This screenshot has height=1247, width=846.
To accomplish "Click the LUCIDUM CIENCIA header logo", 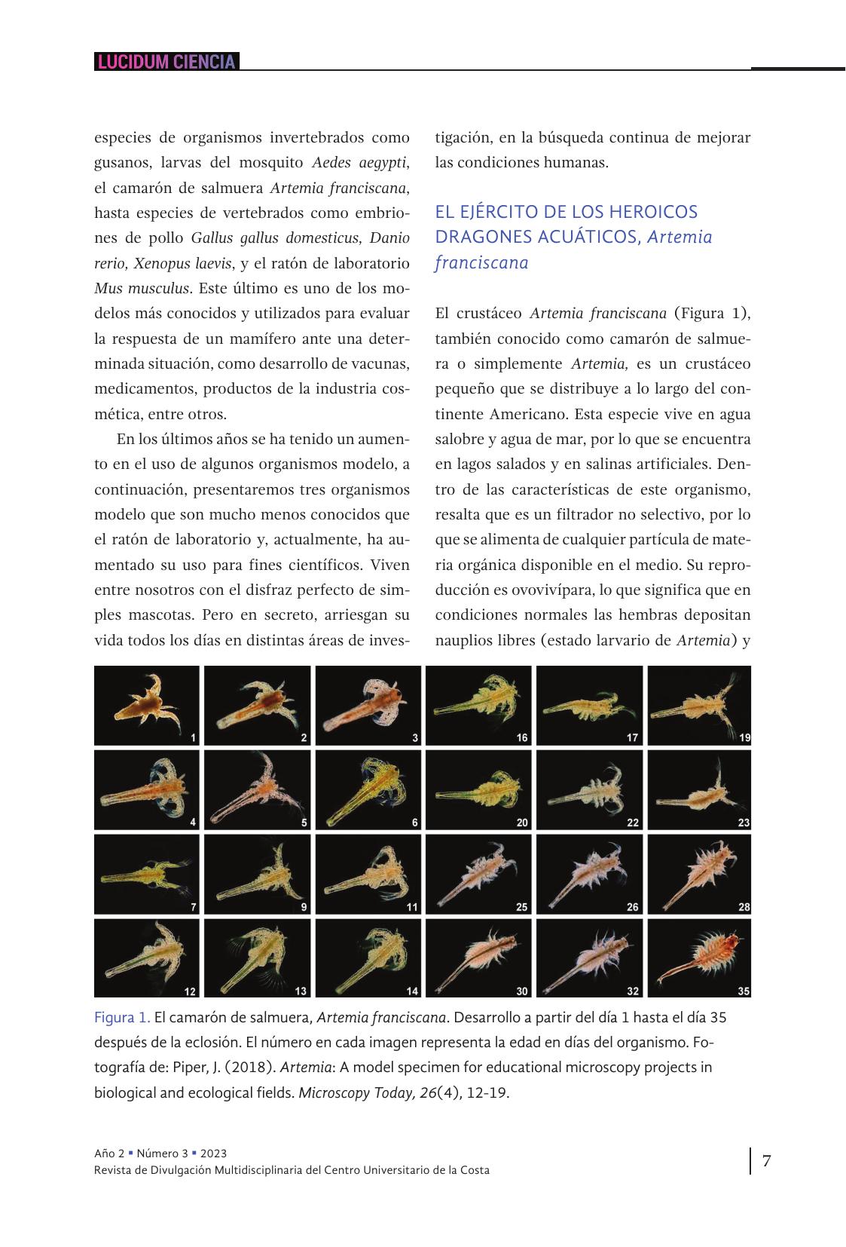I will [166, 62].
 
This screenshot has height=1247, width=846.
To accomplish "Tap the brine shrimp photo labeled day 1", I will [148, 705].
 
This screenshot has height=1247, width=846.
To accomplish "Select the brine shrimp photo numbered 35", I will [699, 957].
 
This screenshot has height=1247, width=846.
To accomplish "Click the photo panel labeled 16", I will [478, 705].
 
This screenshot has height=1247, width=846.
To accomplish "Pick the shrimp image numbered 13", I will [258, 957].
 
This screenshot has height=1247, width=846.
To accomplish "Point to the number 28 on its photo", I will [744, 907].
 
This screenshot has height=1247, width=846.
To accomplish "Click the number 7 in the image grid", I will [193, 907].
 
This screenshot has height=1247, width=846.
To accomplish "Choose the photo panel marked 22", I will [589, 789].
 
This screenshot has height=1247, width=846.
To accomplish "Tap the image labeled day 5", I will [258, 789].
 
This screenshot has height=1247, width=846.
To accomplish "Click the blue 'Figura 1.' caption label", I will [122, 1018].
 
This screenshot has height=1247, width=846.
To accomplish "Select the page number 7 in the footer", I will [766, 1160].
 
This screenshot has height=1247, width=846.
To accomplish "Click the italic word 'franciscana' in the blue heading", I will [481, 262].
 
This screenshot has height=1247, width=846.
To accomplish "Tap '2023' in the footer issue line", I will [215, 1154].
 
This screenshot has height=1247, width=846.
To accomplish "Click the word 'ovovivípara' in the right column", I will [527, 590].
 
